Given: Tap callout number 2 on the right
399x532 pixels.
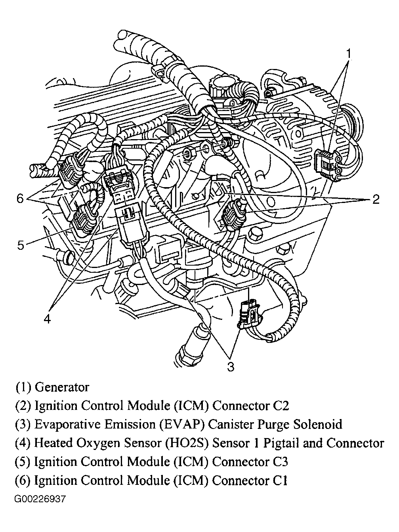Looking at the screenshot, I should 376,199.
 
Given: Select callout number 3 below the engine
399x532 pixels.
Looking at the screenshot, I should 230,367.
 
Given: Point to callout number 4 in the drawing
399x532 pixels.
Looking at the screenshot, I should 47,320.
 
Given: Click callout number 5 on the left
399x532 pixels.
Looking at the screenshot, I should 21,245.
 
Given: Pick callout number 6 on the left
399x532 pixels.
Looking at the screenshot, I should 20,199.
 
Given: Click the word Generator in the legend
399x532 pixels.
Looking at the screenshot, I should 62,387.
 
